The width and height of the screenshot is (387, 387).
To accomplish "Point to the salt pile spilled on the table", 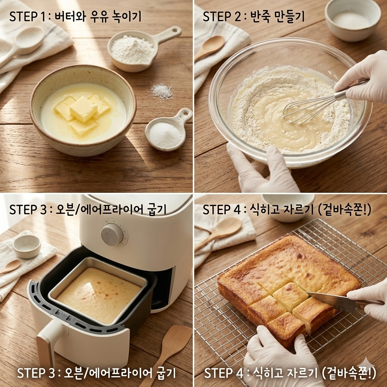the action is (162, 91).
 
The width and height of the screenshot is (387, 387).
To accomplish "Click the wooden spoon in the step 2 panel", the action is (210, 48).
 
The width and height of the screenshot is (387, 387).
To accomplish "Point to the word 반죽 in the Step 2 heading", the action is (259, 17).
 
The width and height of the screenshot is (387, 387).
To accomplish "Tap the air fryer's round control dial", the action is (112, 233).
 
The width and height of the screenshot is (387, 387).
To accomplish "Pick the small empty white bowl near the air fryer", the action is (27, 246).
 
